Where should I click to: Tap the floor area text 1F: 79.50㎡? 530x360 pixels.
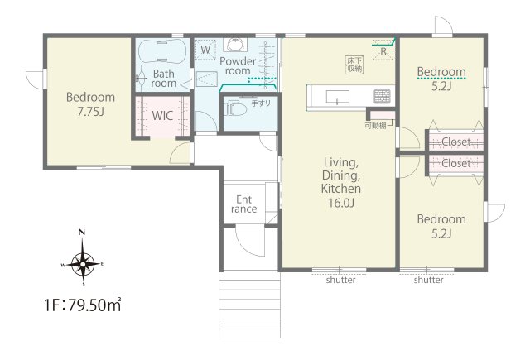click(x=83, y=305)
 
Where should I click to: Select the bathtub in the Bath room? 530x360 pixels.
click(x=162, y=50)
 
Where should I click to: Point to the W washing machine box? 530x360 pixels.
click(x=205, y=50)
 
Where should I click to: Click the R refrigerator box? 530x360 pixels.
click(x=383, y=50)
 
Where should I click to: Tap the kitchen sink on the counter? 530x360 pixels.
click(x=338, y=97)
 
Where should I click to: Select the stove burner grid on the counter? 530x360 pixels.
click(x=382, y=96)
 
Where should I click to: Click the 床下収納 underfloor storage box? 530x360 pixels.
click(x=354, y=65)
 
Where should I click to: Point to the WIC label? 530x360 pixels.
click(x=162, y=116)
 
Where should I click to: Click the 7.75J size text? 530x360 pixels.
click(x=90, y=111)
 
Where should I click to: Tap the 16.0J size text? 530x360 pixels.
click(x=341, y=203)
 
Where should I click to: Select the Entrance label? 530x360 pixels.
click(x=244, y=204)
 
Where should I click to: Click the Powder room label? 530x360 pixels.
click(x=238, y=66)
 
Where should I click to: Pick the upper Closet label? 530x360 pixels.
click(x=456, y=142)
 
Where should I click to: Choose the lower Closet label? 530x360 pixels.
click(x=456, y=164)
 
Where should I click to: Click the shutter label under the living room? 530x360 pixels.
click(x=340, y=280)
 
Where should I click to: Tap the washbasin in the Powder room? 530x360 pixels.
click(x=236, y=44)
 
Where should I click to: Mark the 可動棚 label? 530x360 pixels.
click(x=375, y=126)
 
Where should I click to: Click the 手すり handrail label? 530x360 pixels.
click(x=261, y=103)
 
